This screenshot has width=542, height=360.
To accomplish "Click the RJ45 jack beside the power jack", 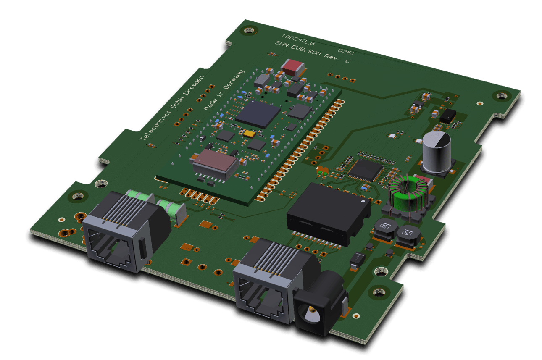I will (268, 277).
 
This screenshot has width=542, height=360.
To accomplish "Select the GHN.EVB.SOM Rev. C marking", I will (313, 52).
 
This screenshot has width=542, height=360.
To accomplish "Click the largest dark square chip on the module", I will (258, 114).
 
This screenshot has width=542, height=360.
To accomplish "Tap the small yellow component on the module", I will (249, 134).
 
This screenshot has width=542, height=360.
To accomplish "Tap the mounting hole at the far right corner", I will (501, 96).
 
